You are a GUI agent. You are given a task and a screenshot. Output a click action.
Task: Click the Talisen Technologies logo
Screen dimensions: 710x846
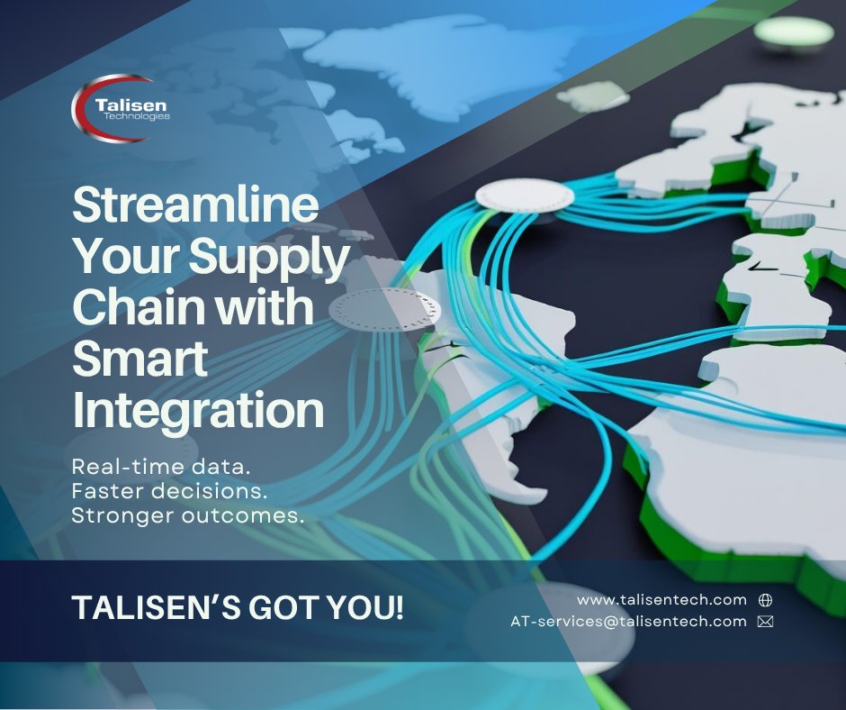(121, 108)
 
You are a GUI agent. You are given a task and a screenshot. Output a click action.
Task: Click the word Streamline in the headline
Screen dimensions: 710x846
(195, 206)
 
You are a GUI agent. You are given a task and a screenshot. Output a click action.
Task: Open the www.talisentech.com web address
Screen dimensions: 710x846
(661, 599)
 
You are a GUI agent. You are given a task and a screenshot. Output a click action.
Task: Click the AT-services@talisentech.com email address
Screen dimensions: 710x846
(628, 621)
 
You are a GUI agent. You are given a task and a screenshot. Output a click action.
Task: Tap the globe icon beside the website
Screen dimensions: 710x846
(766, 599)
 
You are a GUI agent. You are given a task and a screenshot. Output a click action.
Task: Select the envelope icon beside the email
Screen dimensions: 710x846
(766, 621)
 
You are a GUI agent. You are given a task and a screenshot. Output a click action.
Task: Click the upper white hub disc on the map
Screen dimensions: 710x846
(524, 195)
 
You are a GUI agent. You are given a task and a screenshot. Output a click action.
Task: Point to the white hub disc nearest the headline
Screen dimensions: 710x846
(384, 308)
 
